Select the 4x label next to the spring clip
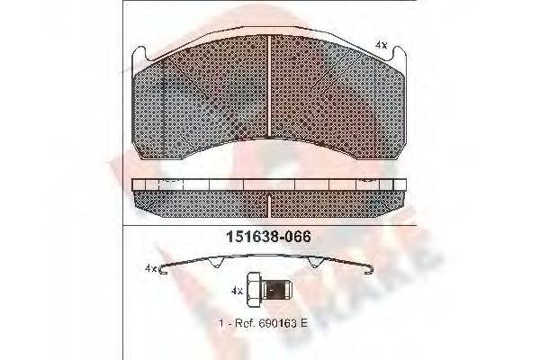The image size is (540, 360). [x=151, y=267]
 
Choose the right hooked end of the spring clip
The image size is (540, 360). [x=376, y=268]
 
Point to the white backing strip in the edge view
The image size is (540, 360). [x=270, y=184]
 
